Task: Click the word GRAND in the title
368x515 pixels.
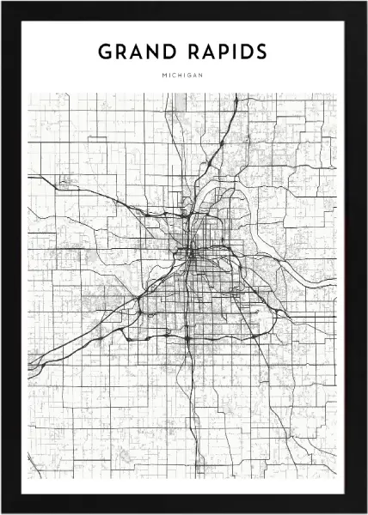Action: tap(138, 51)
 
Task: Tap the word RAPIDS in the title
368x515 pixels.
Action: tap(226, 51)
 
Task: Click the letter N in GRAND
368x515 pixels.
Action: tap(154, 51)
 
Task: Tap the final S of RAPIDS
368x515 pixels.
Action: tap(261, 51)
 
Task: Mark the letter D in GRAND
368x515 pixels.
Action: tap(170, 51)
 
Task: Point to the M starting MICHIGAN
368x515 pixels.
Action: tap(163, 76)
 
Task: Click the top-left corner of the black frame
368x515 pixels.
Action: tap(3, 3)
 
